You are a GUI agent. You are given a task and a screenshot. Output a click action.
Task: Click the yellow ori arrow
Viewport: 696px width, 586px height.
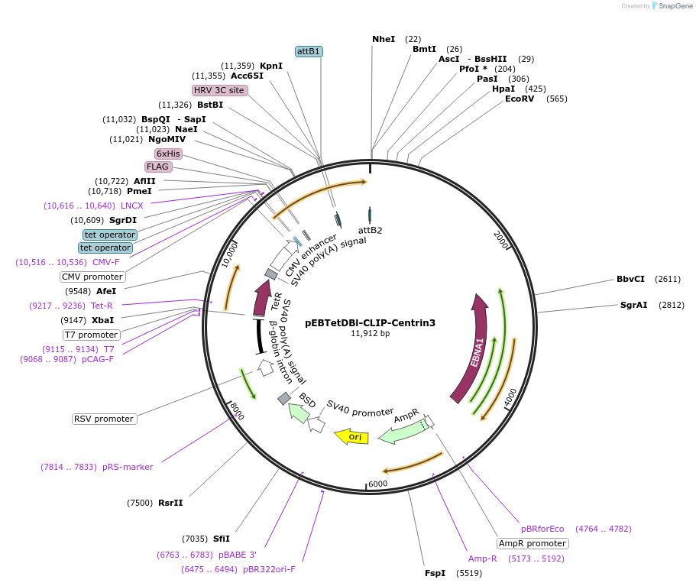pos(352,437)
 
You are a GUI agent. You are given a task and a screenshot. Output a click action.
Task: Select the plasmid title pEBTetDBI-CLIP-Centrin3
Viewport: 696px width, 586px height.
pos(370,322)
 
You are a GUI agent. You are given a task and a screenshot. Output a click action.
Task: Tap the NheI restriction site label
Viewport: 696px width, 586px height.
pos(384,39)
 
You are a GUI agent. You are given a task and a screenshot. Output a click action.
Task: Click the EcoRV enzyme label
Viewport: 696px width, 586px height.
pos(520,99)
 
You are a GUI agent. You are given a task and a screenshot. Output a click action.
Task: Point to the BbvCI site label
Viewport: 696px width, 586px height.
pos(630,279)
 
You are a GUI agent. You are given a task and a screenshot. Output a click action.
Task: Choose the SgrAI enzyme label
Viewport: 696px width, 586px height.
pos(633,305)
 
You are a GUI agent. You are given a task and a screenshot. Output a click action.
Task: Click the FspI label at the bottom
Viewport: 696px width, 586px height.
pos(435,573)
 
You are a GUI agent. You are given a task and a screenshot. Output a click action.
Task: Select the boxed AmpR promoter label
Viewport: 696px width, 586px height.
pos(533,544)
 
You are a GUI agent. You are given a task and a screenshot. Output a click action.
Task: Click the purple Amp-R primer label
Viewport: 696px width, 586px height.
pos(483,558)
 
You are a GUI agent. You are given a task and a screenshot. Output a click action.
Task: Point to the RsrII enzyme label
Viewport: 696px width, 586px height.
pos(170,503)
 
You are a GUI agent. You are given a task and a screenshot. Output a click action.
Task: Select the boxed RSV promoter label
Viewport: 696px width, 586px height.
pos(104,419)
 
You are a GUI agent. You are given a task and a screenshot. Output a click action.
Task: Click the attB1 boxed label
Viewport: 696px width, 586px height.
pos(309,51)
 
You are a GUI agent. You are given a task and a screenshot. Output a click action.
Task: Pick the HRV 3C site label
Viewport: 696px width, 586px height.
pos(220,90)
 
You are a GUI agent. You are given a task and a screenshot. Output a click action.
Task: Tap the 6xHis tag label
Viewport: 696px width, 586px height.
pos(168,154)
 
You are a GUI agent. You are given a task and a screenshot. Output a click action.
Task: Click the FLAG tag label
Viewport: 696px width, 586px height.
pos(158,167)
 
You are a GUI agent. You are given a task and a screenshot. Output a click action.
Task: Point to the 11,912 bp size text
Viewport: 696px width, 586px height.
pos(370,334)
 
